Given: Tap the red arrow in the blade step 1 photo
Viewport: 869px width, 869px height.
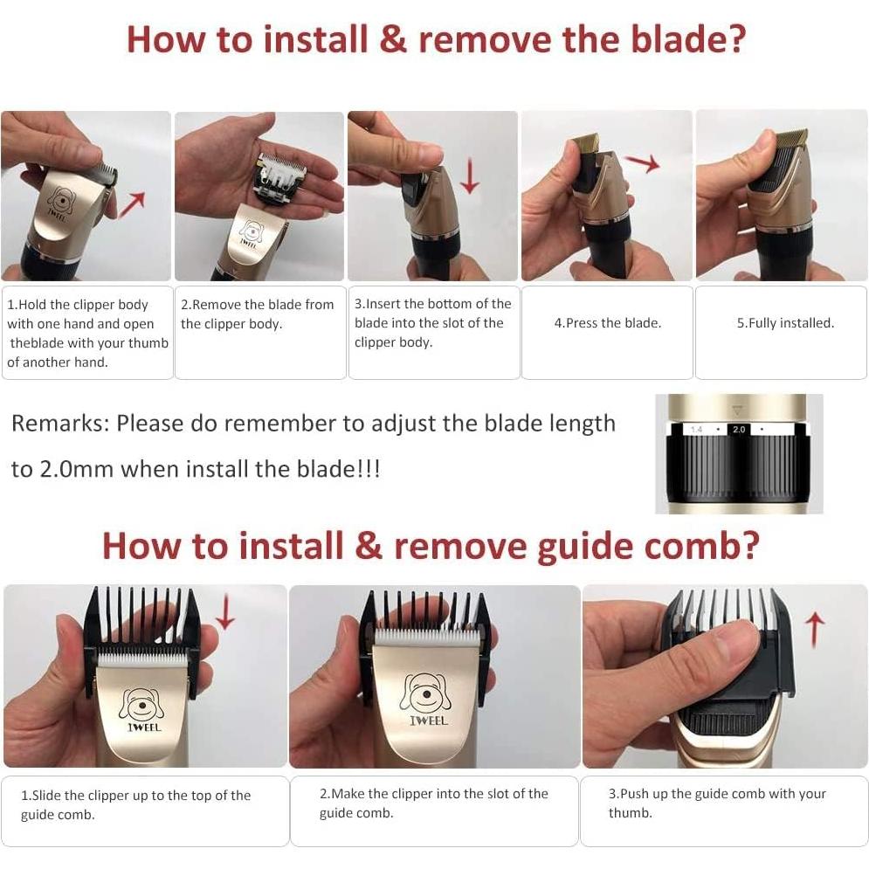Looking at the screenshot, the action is tap(132, 205).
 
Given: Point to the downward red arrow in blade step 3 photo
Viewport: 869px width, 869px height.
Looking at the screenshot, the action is tap(470, 176).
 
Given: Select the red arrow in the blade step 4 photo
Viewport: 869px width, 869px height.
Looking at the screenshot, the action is tap(642, 162).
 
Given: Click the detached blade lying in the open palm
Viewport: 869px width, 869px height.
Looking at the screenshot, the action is tap(279, 179).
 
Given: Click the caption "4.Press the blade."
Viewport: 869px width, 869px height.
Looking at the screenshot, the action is tap(607, 323).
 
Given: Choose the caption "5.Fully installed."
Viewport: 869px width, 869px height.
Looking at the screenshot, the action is tap(785, 323).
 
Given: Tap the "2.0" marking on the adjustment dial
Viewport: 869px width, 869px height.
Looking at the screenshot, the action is tap(739, 430).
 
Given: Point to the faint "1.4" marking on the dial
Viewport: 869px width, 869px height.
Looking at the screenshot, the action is tap(696, 430).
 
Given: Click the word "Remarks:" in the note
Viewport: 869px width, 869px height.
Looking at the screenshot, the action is tap(60, 424).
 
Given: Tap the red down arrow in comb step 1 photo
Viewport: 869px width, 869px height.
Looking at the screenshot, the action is tap(225, 612).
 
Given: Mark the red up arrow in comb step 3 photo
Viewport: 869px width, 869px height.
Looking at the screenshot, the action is tap(814, 631).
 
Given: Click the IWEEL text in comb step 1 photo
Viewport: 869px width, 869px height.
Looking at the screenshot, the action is tap(144, 728).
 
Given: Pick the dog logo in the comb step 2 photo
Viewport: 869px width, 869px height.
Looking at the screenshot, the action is tap(425, 693).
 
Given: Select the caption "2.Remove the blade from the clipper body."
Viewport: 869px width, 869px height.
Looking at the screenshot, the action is tap(257, 314).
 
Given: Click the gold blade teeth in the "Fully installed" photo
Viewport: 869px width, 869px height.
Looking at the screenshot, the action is tap(792, 135).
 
